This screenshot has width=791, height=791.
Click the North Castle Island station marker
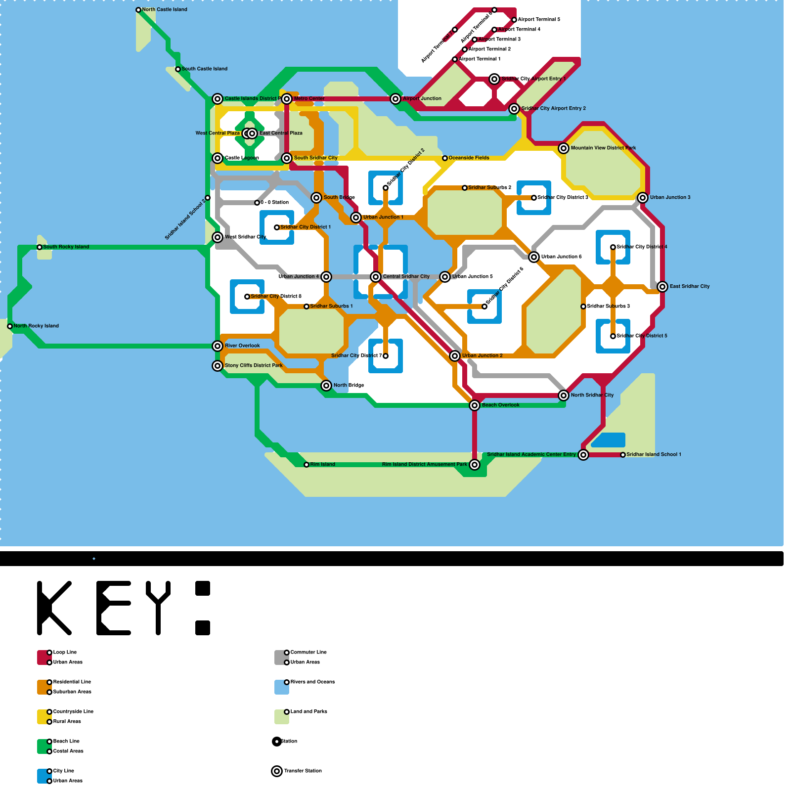tap(138, 10)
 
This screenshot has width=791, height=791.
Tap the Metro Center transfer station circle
tap(287, 99)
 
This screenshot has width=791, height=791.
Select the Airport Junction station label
tap(422, 99)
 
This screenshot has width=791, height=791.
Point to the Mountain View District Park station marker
tap(564, 148)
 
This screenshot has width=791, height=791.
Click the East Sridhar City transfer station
tap(662, 287)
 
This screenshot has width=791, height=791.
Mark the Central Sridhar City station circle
tap(376, 277)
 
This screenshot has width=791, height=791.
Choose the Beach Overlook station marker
tap(475, 405)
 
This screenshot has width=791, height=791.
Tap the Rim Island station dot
tap(307, 465)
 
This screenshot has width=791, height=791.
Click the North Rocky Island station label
tap(36, 326)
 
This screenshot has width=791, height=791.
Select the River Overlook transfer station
tap(218, 346)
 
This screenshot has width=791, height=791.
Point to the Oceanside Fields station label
tap(469, 158)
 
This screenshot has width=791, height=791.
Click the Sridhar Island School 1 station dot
tap(623, 455)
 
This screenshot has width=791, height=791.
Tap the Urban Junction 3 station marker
tap(643, 198)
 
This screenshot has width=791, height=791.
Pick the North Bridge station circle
tap(326, 386)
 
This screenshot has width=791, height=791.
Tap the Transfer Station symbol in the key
tap(277, 771)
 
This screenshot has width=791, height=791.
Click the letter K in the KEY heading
tap(54, 608)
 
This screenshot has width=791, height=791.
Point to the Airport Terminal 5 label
tap(539, 20)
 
